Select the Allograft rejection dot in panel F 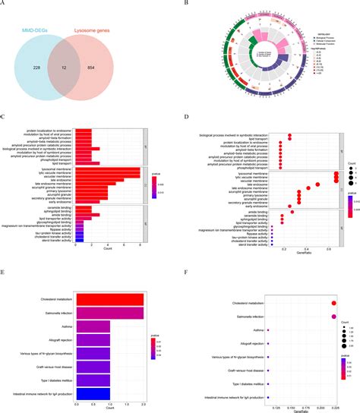click(x=268, y=344)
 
